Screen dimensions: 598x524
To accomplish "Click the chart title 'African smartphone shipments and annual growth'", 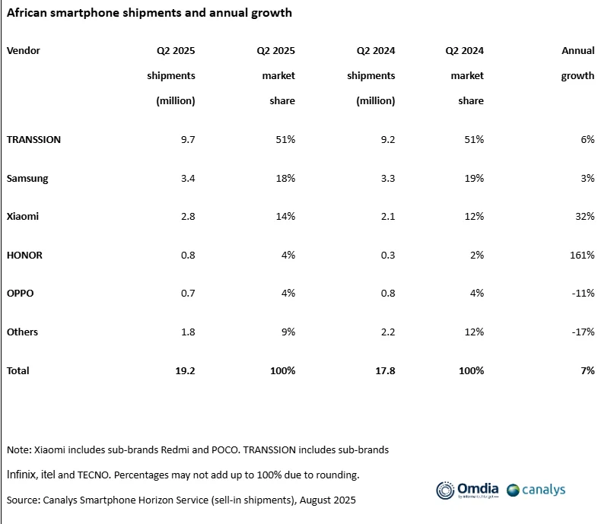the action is pos(149,13).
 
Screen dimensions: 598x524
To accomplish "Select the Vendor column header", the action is pos(24,51).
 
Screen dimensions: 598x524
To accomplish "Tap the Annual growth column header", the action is pos(577,63).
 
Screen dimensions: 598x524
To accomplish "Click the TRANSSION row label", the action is pos(33,140).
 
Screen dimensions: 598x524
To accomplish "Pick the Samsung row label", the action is pos(27,179).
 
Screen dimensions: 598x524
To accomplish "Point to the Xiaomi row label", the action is pos(23,216).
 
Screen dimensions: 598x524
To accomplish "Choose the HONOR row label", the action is pos(24,255).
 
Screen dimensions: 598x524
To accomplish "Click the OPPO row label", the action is pos(21,294).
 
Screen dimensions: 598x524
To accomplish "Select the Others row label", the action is pos(23,332).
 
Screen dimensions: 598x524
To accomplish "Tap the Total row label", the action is pos(18,370).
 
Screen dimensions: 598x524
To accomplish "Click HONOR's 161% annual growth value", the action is pos(582,255).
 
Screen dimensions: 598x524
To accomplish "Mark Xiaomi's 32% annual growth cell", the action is pos(584,216).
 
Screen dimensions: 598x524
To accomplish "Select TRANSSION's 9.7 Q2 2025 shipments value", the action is pos(188,140).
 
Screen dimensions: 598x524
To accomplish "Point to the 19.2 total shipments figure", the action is pos(186,370).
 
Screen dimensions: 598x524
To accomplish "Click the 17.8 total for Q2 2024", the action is pos(385,370).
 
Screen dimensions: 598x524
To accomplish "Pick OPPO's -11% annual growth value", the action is pos(583,294).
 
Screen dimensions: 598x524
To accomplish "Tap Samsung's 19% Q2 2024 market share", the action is pos(474,179).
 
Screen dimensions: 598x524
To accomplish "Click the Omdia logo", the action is pos(467,490).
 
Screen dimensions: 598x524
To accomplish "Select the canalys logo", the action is pos(536,490).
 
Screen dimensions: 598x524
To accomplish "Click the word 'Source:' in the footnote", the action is pos(24,500).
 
